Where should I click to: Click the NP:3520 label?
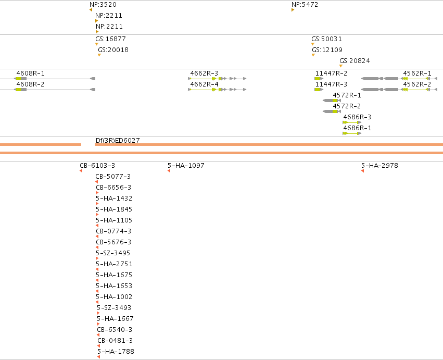[x=103, y=5]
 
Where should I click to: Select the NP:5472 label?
[x=305, y=5]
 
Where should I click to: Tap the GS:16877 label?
[x=110, y=39]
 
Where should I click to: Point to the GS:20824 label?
[x=355, y=61]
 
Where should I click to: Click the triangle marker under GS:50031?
[x=313, y=44]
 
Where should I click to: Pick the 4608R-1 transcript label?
[x=31, y=73]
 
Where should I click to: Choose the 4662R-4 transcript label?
[x=204, y=84]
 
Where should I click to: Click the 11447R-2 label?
[x=331, y=73]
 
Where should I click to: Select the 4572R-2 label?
[x=347, y=106]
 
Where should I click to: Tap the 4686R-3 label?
[x=357, y=117]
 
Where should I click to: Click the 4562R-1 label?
[x=417, y=73]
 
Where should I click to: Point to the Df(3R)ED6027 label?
[x=118, y=141]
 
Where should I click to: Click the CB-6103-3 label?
[x=97, y=166]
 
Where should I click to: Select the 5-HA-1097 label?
[x=186, y=166]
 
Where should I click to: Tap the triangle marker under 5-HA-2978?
[x=362, y=171]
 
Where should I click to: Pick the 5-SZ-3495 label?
[x=113, y=253]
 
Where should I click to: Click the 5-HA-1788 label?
[x=116, y=352]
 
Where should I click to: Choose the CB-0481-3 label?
[x=115, y=341]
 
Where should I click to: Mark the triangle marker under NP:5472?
[x=293, y=10]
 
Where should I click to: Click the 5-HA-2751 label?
[x=114, y=264]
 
